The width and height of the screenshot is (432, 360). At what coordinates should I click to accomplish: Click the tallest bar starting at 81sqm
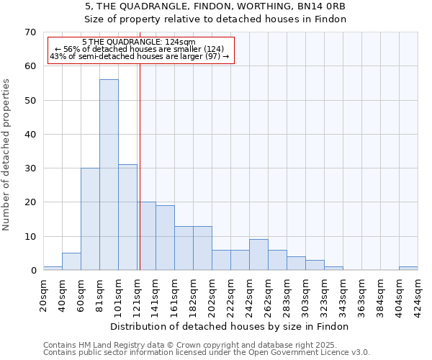(x=109, y=175)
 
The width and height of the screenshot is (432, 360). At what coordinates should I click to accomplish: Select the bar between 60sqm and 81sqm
(x=90, y=219)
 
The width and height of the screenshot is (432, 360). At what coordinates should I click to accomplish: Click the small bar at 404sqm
(x=408, y=269)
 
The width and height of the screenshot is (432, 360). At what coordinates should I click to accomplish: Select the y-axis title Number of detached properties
(x=6, y=155)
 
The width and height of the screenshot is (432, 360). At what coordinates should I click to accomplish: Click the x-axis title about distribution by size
(x=230, y=327)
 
